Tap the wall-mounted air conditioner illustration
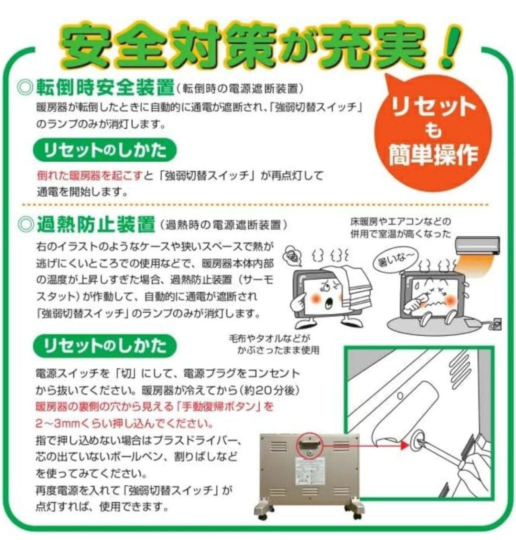[477, 245]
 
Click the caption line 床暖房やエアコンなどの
[400, 221]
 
